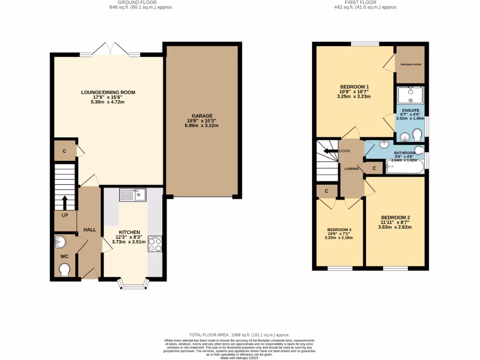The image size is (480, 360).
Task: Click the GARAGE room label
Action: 202,116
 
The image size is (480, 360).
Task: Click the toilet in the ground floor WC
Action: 64,270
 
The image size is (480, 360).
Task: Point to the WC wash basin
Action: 61,242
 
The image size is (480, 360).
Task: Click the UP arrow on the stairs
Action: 64,202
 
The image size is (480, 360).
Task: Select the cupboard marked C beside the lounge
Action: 64,151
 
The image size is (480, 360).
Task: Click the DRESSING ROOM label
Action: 410,64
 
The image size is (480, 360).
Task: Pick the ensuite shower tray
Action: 410,95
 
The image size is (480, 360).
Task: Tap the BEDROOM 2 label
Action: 395,217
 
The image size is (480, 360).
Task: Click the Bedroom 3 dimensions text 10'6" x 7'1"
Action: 338,234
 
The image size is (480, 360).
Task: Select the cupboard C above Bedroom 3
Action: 326,191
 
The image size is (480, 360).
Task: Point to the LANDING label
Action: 352,169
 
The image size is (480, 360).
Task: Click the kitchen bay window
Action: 133,284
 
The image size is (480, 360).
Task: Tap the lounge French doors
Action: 110,49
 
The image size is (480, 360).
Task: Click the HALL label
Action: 90,230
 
